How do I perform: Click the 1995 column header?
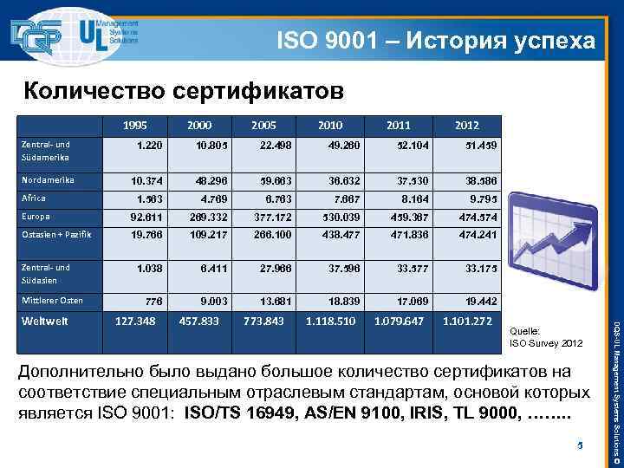click(134, 126)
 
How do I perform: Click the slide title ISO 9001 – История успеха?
click(436, 40)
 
